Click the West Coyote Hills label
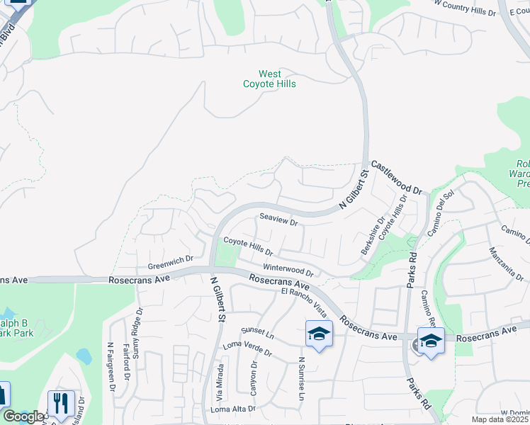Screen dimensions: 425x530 [x=269, y=79]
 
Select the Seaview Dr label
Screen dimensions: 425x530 [x=278, y=220]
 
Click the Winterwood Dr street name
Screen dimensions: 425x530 [x=288, y=269]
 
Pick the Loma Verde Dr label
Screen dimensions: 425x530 [x=247, y=348]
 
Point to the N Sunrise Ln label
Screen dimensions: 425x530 [x=300, y=379]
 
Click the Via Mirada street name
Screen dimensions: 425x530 [x=220, y=382]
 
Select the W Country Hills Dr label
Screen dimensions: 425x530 [x=464, y=8]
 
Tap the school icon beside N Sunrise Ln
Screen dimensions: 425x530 [x=319, y=334]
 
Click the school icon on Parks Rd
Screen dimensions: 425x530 [x=431, y=341]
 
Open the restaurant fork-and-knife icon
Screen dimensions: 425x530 [x=60, y=404]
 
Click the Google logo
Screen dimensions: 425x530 [x=23, y=416]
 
